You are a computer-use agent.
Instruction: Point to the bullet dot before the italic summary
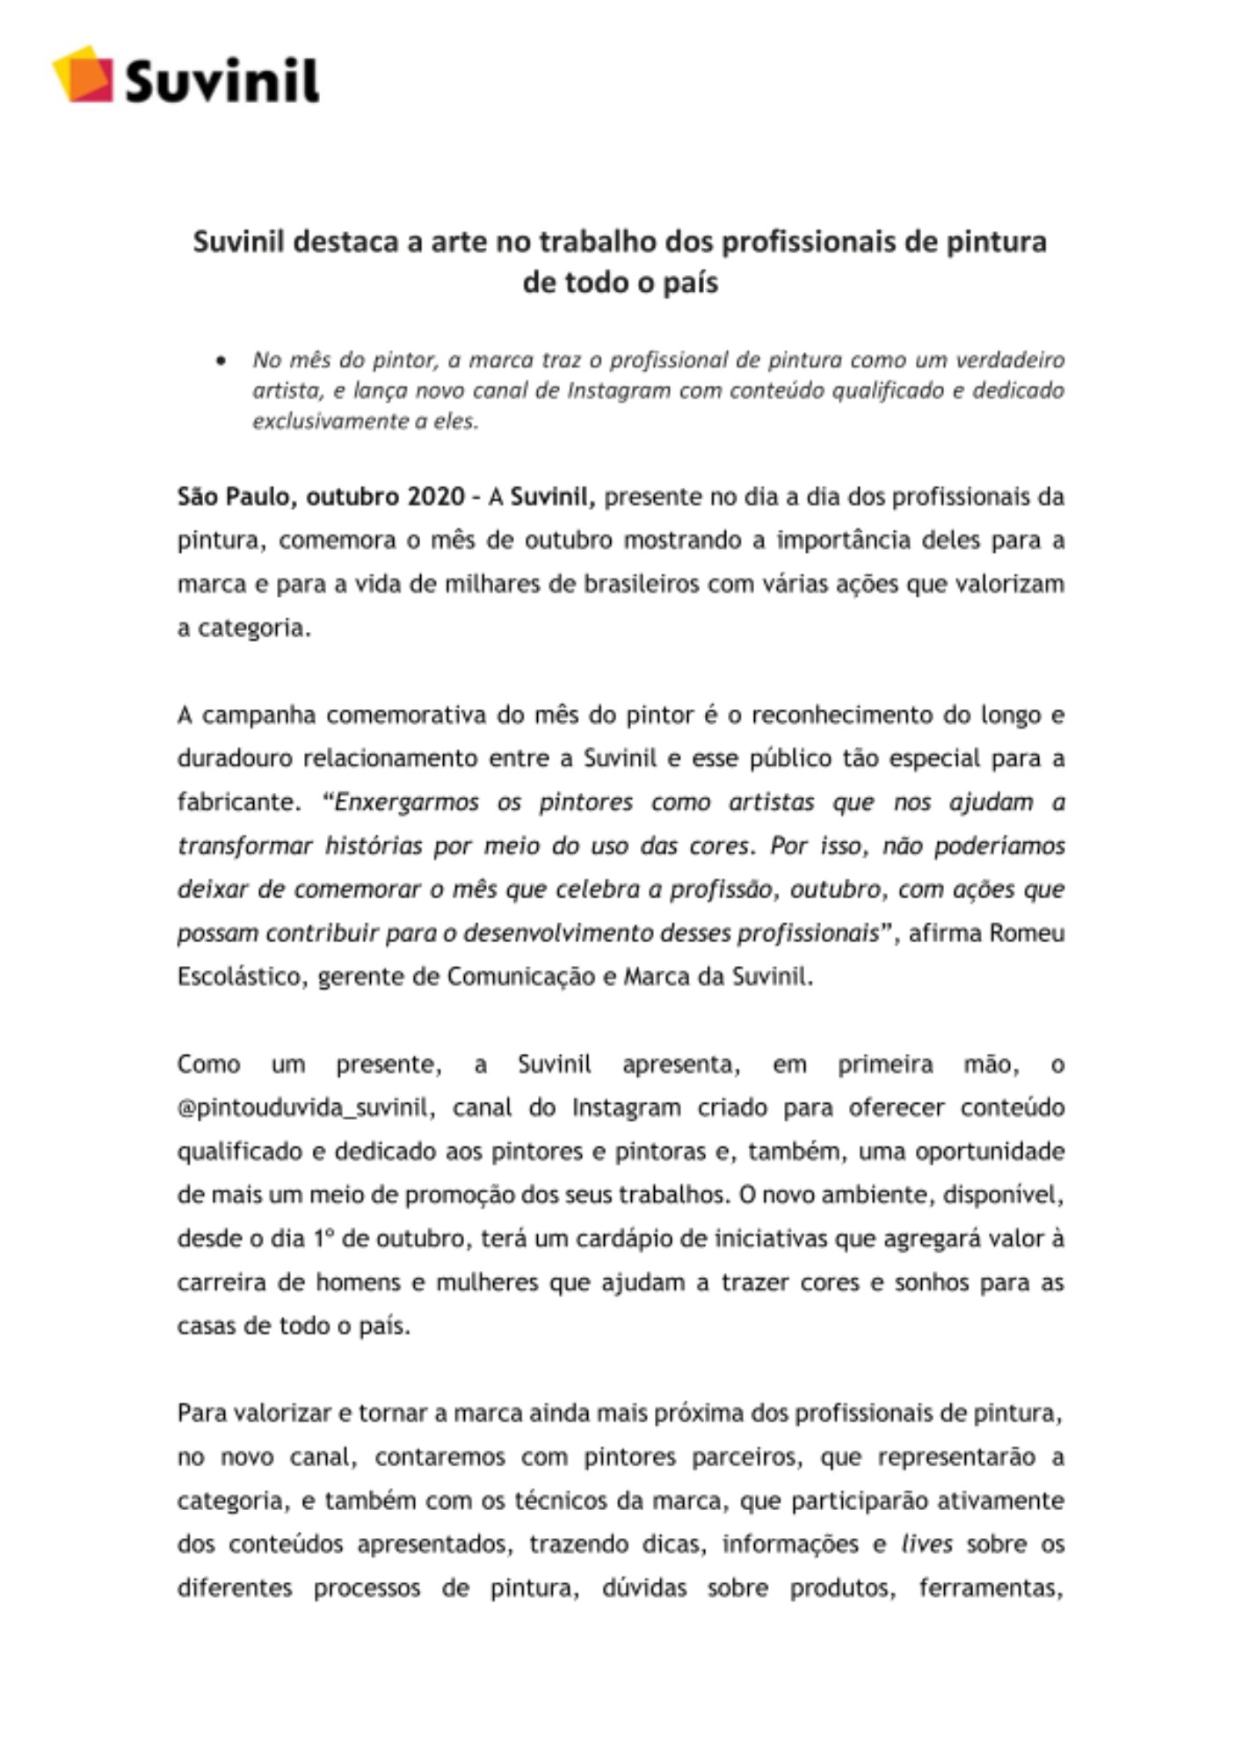(x=221, y=360)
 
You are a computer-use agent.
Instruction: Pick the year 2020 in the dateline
(x=436, y=498)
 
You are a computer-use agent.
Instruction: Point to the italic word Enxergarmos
(x=407, y=803)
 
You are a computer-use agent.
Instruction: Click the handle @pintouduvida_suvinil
(x=305, y=1108)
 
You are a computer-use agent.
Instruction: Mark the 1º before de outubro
(x=322, y=1239)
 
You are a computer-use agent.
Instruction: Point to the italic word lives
(x=926, y=1545)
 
